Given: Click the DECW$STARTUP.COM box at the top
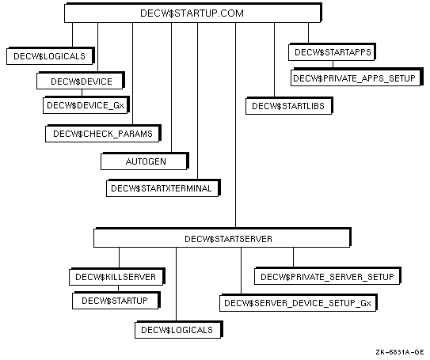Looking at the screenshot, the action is tap(193, 13).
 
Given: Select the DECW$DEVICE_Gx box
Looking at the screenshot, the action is tap(86, 105).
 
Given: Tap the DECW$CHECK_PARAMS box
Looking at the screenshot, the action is tap(103, 134).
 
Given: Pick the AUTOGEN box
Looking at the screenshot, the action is tap(145, 161).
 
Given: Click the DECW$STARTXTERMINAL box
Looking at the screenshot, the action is tap(163, 188).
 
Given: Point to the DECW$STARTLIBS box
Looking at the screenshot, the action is tap(289, 106).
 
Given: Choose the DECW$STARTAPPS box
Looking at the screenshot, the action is tap(332, 52).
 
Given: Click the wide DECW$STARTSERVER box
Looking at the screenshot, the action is tap(223, 238).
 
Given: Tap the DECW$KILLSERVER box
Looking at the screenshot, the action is tap(117, 277).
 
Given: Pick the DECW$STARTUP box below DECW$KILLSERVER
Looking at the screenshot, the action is tap(116, 301).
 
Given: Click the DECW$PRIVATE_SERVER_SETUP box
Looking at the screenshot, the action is tap(328, 276).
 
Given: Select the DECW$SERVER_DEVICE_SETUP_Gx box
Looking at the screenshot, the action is tap(299, 303).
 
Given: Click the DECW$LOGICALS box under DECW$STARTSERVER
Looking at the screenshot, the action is tap(179, 330).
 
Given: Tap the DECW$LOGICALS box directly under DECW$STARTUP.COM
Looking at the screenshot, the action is tap(51, 56).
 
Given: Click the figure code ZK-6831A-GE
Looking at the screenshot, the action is tap(400, 352).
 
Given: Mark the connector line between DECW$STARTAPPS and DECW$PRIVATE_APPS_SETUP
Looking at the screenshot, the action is tap(333, 64).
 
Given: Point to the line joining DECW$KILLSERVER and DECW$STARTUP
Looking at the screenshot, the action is tap(119, 289).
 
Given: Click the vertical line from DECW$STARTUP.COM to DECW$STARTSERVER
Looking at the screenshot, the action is tap(235, 125).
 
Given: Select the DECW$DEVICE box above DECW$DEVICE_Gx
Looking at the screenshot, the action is tap(81, 81).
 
